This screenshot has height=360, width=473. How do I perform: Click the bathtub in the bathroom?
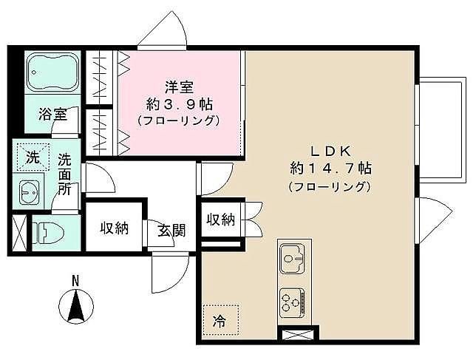click(x=53, y=72)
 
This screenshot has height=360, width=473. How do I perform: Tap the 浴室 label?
click(x=53, y=114)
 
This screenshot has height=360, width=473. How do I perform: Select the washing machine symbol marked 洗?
click(x=33, y=157)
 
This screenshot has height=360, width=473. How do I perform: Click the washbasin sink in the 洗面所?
click(x=30, y=192)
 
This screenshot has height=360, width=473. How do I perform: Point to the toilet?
click(x=48, y=233)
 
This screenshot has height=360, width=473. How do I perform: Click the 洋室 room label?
click(x=179, y=87)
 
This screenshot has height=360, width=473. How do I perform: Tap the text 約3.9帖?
click(x=180, y=104)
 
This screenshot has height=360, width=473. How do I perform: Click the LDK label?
click(x=330, y=152)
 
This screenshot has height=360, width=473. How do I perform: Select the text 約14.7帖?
click(x=330, y=168)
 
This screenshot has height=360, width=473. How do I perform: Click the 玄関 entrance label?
click(x=171, y=230)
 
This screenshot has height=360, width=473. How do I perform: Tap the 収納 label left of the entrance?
click(x=115, y=228)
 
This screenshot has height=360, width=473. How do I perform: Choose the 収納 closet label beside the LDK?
click(x=221, y=220)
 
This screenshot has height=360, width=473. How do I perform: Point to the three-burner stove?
click(x=293, y=302)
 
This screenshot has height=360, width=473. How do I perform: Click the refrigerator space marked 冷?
click(x=221, y=320)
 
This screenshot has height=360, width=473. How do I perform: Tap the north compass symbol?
click(x=76, y=305)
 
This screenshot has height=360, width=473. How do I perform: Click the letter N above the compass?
click(x=75, y=281)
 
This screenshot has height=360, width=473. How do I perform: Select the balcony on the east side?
click(x=442, y=130)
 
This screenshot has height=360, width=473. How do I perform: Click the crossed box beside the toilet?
click(x=19, y=233)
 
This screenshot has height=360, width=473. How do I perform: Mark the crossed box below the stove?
click(x=298, y=335)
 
